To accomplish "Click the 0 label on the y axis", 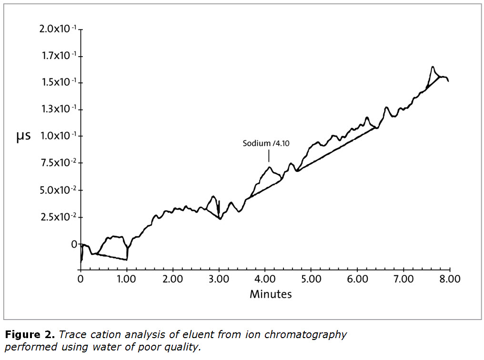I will click(74, 244).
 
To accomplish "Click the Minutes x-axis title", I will click(271, 294).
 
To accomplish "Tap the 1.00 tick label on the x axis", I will click(126, 279).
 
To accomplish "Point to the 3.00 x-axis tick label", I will click(219, 279).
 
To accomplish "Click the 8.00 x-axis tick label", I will click(450, 279).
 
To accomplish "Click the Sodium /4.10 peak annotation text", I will click(266, 143).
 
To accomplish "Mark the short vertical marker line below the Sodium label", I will click(269, 156).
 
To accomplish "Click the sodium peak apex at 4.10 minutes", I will click(270, 167).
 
